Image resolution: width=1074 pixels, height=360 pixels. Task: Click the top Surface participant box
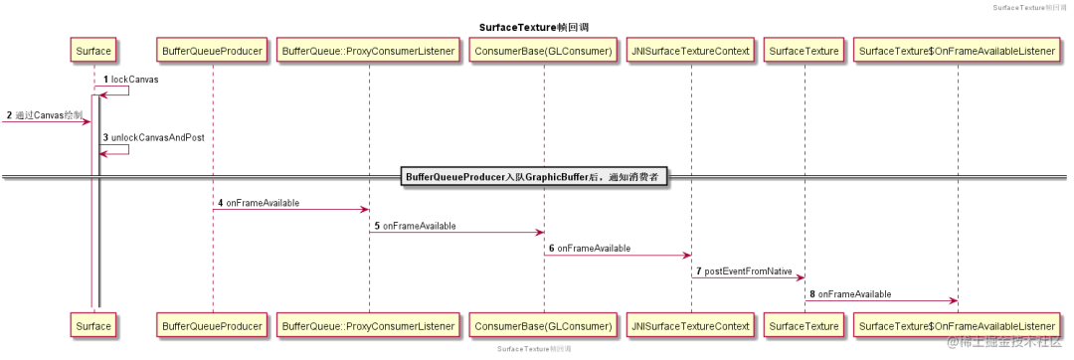(x=93, y=49)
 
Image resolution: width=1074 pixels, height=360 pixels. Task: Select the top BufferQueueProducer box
(x=212, y=49)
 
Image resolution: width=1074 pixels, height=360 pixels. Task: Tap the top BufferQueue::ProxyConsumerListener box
(x=368, y=49)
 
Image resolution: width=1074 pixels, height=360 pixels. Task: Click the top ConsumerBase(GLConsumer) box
(x=543, y=49)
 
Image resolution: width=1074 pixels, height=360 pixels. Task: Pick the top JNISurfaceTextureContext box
(x=690, y=49)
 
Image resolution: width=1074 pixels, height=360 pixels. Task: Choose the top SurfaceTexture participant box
(x=805, y=49)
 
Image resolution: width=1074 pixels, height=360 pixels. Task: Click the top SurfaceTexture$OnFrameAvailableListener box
(x=957, y=49)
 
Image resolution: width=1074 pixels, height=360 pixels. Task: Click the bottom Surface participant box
(x=93, y=325)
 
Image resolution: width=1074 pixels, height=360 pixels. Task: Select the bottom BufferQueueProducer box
(x=212, y=325)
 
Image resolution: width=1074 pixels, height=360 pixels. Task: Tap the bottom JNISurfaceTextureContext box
(x=690, y=325)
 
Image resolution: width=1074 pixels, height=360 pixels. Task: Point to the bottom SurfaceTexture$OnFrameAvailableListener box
(x=957, y=325)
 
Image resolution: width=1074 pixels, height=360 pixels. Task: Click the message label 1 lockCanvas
(x=131, y=79)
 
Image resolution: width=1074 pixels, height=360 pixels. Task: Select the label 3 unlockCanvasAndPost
(x=153, y=137)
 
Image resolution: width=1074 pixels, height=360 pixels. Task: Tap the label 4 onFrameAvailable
(x=259, y=203)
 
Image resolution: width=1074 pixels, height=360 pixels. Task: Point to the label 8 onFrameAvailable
(x=850, y=294)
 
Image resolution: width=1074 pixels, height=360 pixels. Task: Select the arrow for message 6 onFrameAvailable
(x=617, y=256)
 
